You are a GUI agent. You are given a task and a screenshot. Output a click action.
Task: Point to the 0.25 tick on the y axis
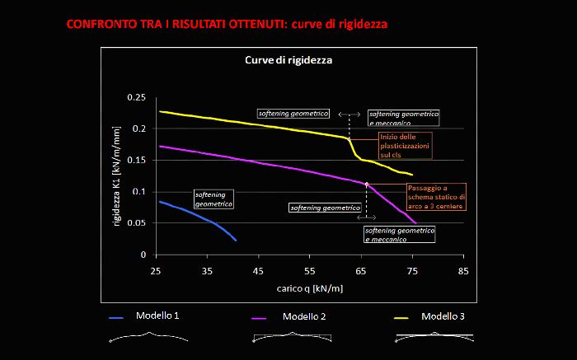click(136, 98)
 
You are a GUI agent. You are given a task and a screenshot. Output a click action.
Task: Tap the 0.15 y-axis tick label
click(136, 161)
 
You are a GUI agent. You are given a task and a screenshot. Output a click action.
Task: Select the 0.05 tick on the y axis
click(136, 223)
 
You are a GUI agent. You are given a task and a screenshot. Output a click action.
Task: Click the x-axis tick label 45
click(259, 270)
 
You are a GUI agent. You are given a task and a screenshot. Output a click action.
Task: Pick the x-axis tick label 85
click(464, 270)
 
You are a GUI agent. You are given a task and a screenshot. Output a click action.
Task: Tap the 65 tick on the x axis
click(361, 270)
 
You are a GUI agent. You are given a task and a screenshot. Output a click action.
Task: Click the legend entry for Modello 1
click(157, 316)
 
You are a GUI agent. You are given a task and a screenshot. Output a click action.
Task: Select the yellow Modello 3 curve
click(247, 123)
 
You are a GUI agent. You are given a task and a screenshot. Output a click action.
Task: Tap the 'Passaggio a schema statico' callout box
click(436, 197)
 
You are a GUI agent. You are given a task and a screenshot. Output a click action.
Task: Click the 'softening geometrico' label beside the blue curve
click(213, 199)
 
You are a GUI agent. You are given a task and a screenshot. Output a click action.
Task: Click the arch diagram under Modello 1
click(148, 337)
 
